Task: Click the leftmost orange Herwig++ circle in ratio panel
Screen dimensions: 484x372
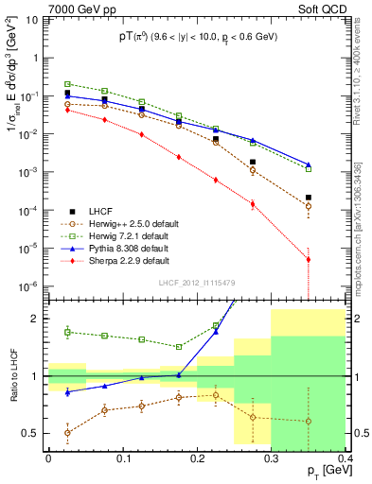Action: click(x=67, y=433)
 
